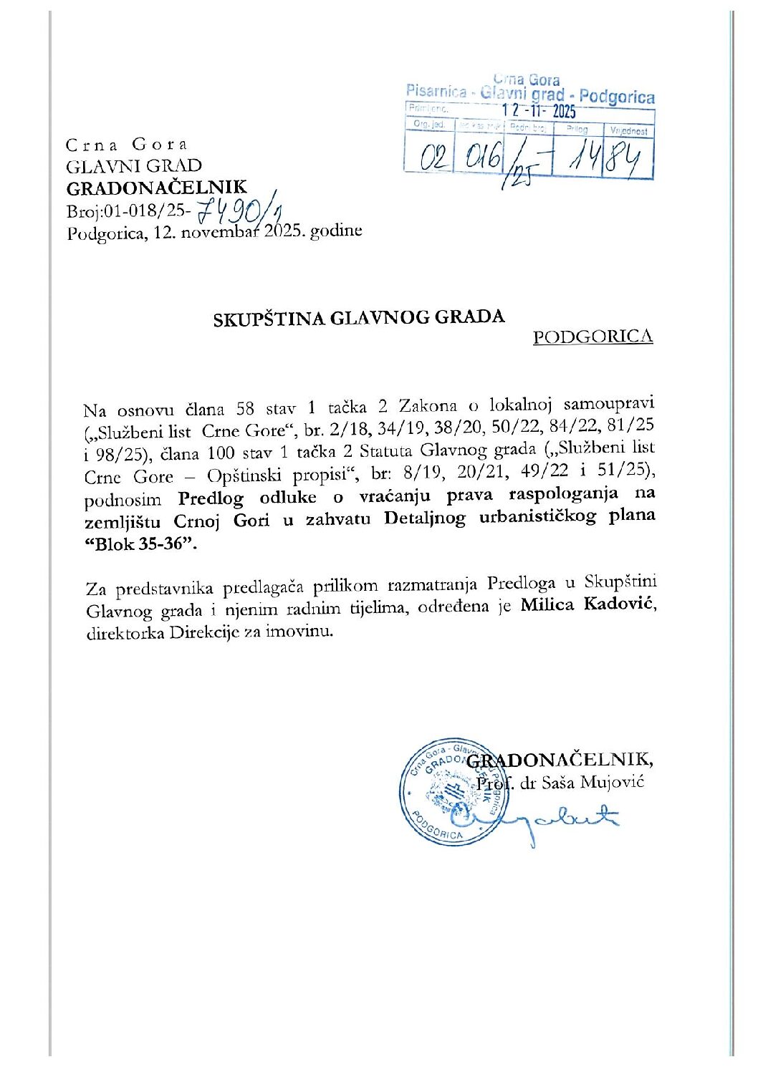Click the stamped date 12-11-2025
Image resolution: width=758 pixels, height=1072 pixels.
coord(538,111)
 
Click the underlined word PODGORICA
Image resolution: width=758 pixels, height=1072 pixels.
coord(593,337)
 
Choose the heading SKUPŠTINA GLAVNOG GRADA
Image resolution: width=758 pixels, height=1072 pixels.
coord(358,319)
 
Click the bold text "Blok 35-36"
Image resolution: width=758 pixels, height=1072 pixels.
coord(140,544)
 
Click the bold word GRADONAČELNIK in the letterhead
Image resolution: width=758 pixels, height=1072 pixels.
coord(156,188)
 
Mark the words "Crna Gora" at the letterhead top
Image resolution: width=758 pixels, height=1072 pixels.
coord(126,145)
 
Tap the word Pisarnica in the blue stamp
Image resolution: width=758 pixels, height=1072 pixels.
coord(436,91)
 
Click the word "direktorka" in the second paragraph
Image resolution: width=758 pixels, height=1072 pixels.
coord(125,634)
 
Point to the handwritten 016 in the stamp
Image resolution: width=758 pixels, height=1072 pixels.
coord(481,155)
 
